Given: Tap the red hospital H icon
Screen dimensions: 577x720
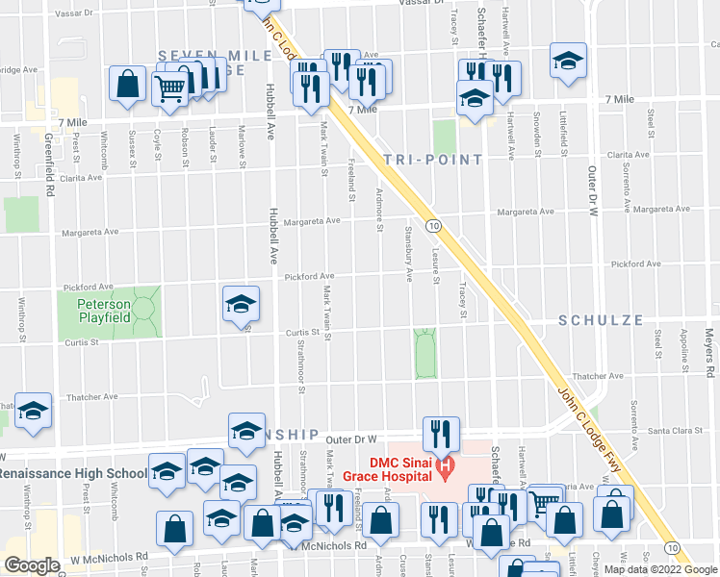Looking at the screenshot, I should click(x=445, y=468).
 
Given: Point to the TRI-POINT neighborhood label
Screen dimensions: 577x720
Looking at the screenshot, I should click(x=431, y=160).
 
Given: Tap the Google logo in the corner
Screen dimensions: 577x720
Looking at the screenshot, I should click(x=31, y=565).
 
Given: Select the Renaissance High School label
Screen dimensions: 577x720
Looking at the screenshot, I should click(x=73, y=474).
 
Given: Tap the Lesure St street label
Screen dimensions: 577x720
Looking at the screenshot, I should click(x=436, y=262).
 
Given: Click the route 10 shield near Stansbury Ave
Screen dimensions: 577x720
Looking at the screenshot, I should click(x=434, y=226).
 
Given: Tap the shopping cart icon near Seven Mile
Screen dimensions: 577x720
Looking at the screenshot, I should click(x=170, y=88).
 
